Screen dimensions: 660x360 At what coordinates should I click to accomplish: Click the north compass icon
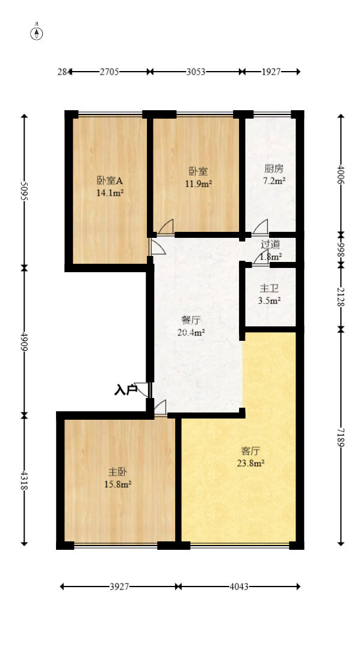click(x=37, y=33)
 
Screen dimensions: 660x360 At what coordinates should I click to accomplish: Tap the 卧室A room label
click(x=110, y=180)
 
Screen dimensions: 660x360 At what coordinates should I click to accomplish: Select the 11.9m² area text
click(x=198, y=184)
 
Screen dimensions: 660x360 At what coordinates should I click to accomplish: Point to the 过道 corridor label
click(x=270, y=244)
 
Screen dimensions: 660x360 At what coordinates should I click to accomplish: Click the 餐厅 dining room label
click(x=191, y=319)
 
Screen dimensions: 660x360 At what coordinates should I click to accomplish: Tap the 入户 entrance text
click(x=125, y=390)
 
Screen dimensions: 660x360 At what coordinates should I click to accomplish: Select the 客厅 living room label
click(x=250, y=450)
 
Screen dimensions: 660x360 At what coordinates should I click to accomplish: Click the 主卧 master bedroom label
click(x=117, y=472)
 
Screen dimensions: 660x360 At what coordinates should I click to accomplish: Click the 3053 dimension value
click(x=196, y=72)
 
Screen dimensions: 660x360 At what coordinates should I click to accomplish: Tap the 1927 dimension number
click(x=272, y=72)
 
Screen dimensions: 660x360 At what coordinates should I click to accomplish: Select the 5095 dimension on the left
click(x=25, y=191)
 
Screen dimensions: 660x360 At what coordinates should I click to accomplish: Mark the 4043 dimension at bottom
click(x=239, y=586)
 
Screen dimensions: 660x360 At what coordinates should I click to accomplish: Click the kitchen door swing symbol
click(x=261, y=227)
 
